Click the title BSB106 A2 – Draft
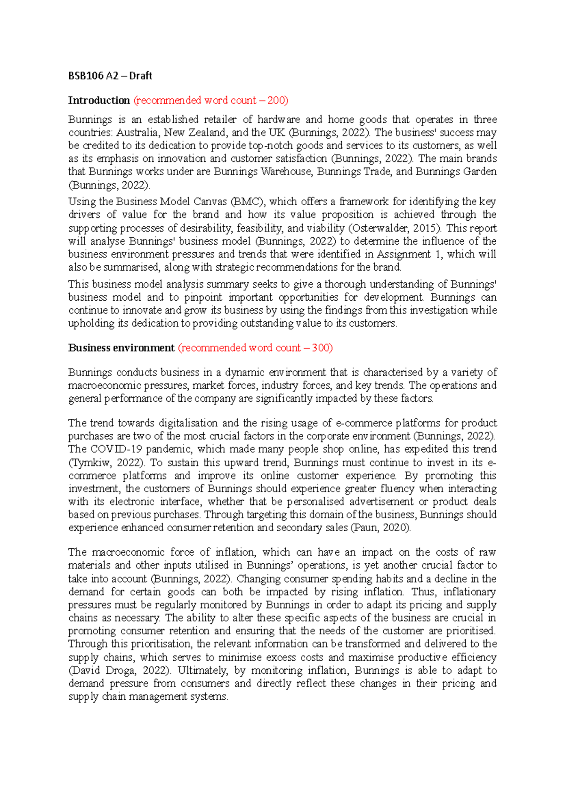(x=110, y=76)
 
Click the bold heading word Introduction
(x=99, y=100)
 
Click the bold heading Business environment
(x=121, y=348)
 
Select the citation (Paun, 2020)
(x=380, y=527)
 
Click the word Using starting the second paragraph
(x=81, y=202)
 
